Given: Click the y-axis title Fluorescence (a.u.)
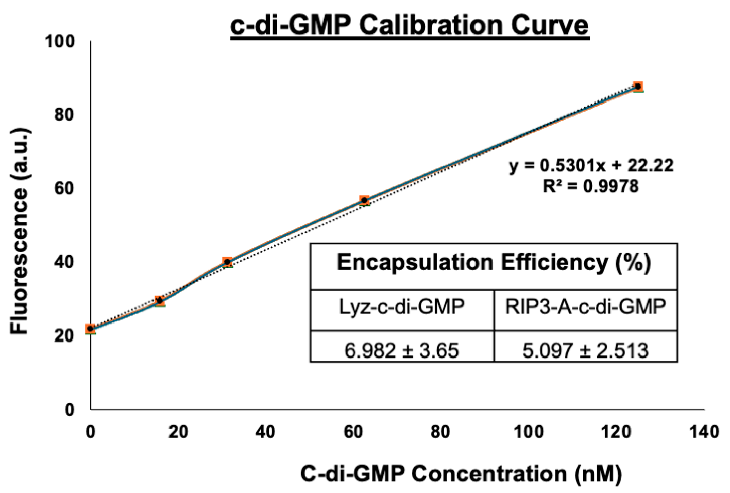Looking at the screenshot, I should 20,231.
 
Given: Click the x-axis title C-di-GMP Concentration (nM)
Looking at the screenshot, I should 461,473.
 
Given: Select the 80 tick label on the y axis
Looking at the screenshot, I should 64,115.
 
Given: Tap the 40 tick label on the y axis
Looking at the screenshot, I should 64,262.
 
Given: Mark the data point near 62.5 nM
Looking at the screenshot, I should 364,200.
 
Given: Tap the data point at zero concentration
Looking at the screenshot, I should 91,329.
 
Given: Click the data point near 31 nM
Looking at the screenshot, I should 227,262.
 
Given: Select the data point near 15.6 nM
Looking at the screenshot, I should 159,300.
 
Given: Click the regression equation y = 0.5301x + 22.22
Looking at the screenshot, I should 591,165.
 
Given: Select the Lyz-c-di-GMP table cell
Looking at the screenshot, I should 402,307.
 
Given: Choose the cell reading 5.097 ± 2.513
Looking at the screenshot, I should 585,351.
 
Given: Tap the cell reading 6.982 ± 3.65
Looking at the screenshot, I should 402,351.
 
